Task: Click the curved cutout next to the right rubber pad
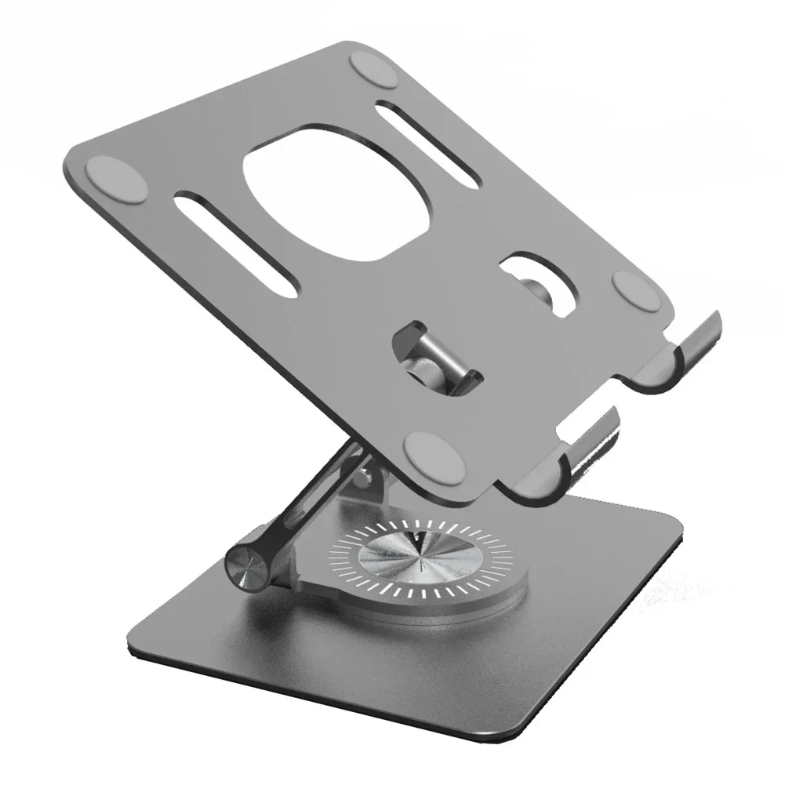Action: pyautogui.click(x=541, y=286)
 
